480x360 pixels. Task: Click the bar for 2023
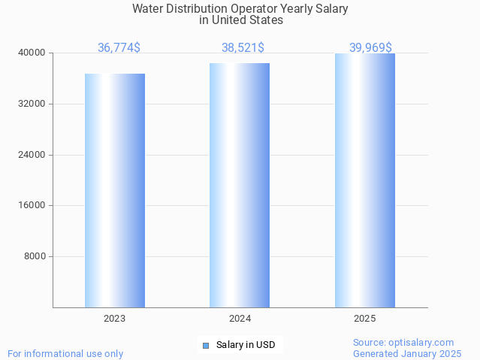pyautogui.click(x=115, y=190)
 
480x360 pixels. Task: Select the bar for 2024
pyautogui.click(x=240, y=185)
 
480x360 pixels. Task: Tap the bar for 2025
pyautogui.click(x=365, y=180)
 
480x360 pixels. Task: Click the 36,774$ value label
pyautogui.click(x=119, y=48)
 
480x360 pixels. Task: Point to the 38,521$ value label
pyautogui.click(x=243, y=48)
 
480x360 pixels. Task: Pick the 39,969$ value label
pyautogui.click(x=370, y=48)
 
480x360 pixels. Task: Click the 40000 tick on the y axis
pyautogui.click(x=32, y=53)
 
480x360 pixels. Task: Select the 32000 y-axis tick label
pyautogui.click(x=32, y=104)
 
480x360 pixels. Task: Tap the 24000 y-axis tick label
pyautogui.click(x=32, y=155)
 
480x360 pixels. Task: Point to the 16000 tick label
pyautogui.click(x=32, y=205)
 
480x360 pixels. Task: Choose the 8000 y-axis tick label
pyautogui.click(x=35, y=256)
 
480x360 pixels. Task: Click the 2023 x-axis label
pyautogui.click(x=115, y=319)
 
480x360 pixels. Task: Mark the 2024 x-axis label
pyautogui.click(x=240, y=319)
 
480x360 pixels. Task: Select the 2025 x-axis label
pyautogui.click(x=365, y=319)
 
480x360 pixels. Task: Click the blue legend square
pyautogui.click(x=205, y=346)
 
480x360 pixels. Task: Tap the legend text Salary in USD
pyautogui.click(x=246, y=346)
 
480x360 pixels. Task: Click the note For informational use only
pyautogui.click(x=65, y=353)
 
